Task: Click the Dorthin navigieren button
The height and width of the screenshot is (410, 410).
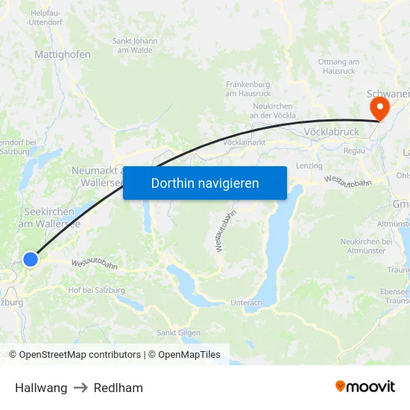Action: pos(205,183)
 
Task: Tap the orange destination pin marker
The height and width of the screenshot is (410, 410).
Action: pos(379,110)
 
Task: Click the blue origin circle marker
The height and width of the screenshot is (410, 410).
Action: pos(31,259)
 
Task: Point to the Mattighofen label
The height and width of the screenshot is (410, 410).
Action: pos(63,54)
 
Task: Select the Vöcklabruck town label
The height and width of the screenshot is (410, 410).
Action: pos(332,132)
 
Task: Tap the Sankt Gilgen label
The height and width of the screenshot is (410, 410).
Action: pos(177,332)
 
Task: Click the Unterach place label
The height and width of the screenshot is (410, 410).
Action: pos(246,303)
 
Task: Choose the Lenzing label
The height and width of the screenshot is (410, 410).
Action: pos(309,165)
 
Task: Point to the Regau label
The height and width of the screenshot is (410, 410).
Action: pos(354,151)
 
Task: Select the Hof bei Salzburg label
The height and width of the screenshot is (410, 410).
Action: pos(96,290)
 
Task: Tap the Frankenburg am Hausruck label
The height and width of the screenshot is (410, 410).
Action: pos(247,89)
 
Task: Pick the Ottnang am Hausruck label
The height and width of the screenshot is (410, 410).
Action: pos(339,66)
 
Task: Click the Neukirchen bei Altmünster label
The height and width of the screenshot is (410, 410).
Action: pos(366,246)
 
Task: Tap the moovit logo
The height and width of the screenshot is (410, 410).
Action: pos(365,387)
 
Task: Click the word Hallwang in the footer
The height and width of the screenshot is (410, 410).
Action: pos(41,388)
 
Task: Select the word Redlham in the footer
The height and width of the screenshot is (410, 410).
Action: pos(119,388)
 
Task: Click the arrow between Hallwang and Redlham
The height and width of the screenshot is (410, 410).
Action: pos(81,388)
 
